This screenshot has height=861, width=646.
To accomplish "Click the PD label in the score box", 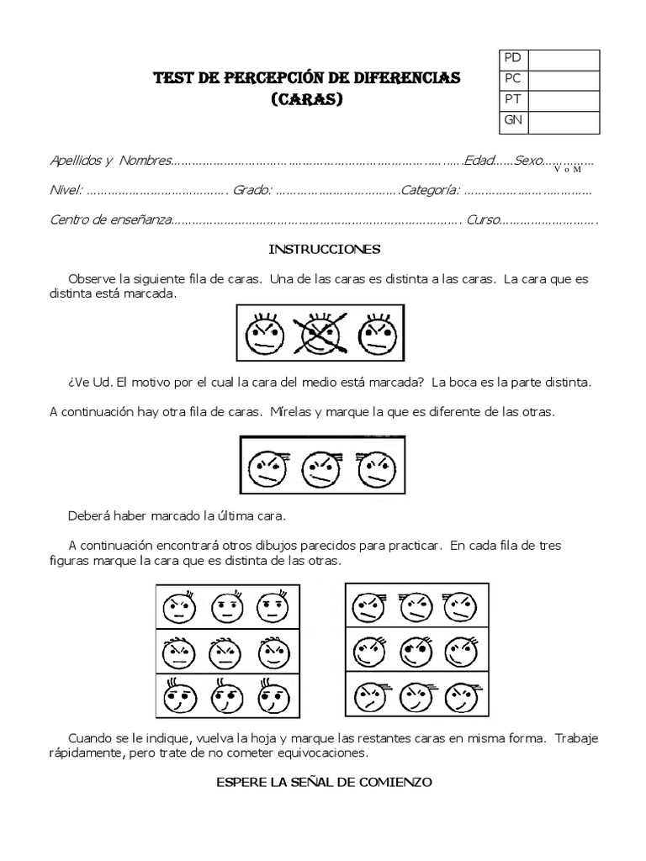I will click(x=512, y=59).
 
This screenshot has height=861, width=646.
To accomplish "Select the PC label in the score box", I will click(x=512, y=80).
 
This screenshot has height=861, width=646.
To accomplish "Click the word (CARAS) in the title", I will click(x=306, y=98).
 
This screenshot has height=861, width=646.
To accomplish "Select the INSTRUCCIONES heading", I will click(x=324, y=250).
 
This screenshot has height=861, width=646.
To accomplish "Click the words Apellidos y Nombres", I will click(x=110, y=161).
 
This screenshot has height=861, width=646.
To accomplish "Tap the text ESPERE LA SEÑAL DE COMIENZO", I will click(x=324, y=782).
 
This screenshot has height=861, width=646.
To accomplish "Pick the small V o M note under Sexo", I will click(x=568, y=170).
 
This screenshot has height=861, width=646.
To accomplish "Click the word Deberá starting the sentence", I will click(x=88, y=515).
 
